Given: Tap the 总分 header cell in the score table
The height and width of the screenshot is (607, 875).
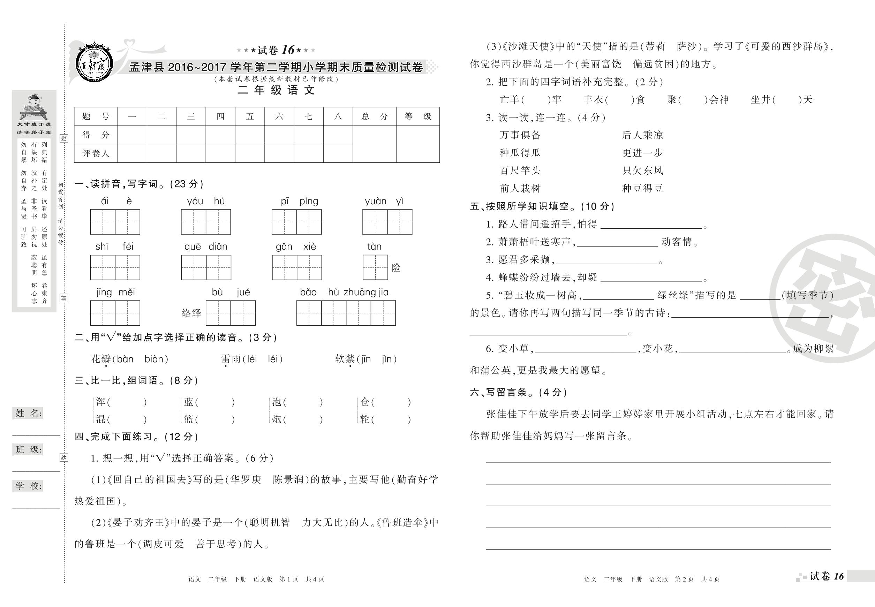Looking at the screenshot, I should coord(374,116).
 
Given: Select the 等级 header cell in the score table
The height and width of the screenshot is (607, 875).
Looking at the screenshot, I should coord(418,116).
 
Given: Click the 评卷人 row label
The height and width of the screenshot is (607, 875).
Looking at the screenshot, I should coord(96,153).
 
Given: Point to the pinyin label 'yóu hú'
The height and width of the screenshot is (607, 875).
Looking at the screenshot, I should coord(206,201).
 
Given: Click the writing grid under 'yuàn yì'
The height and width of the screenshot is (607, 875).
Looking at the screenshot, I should coord(387,222).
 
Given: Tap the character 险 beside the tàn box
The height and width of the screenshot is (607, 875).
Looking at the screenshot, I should coord(396,268).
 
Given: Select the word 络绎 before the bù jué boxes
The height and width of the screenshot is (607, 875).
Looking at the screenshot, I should coord(191,313).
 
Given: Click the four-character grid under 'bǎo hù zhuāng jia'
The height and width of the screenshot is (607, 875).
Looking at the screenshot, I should coord(346,313).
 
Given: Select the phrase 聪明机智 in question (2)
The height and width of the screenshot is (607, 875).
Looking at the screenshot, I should coord(269,523).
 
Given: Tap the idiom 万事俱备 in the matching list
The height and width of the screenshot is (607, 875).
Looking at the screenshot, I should coord(520,135).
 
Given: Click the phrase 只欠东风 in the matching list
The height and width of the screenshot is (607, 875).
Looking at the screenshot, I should coord(642,170).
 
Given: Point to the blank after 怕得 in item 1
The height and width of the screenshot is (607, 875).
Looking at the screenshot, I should coord(651,225).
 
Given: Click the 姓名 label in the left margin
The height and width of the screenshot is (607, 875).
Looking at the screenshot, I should coord(29,413).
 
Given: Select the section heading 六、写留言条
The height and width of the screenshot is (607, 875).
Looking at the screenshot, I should coord(518,392).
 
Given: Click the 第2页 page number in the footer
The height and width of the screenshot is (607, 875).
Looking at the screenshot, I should coord(684,579).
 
